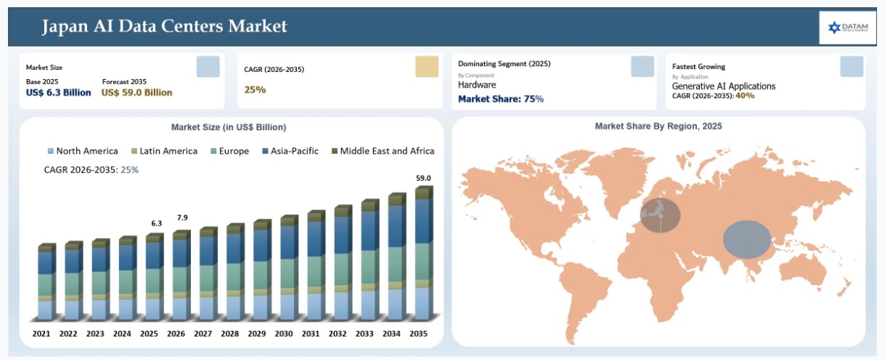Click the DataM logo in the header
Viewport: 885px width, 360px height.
[x=848, y=28]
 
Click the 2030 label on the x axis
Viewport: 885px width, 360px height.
[x=284, y=334]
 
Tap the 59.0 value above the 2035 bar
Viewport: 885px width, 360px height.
[x=423, y=178]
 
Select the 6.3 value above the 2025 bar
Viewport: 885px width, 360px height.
[x=157, y=224]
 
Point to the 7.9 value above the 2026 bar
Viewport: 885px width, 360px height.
[x=182, y=217]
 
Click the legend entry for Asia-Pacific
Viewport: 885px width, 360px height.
[x=290, y=151]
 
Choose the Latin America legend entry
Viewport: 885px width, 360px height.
[x=164, y=151]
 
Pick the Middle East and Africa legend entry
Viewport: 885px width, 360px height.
[x=383, y=151]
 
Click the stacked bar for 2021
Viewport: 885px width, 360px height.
[x=46, y=282]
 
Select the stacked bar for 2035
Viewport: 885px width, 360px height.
[x=424, y=253]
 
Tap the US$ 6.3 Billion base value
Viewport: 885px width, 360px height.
[x=59, y=92]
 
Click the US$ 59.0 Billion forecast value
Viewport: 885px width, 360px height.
[x=136, y=92]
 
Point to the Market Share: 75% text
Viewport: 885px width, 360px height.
[x=500, y=99]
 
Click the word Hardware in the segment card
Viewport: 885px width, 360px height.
[x=477, y=85]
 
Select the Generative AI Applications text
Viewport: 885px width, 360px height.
[x=723, y=86]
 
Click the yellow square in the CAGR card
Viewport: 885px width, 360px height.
[x=427, y=66]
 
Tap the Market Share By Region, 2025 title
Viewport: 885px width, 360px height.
[x=658, y=126]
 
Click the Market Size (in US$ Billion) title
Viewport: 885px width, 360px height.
[x=229, y=127]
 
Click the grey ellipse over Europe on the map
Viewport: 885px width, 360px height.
[x=660, y=216]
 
